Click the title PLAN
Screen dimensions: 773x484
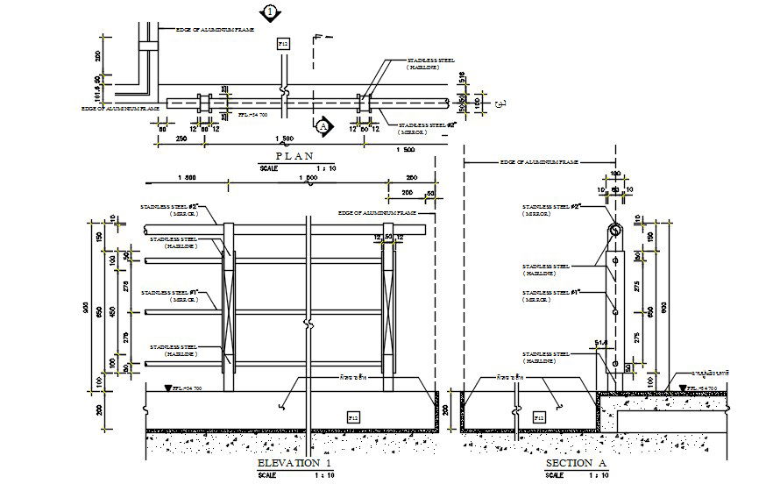coord(294,155)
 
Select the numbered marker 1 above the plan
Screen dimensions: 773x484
coord(270,12)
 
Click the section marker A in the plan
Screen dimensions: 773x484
coord(323,126)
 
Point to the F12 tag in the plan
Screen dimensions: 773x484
coord(283,43)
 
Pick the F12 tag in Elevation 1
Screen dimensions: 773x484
coord(353,416)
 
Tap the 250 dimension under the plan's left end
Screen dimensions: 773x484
coord(181,139)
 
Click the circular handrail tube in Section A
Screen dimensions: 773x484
coord(614,231)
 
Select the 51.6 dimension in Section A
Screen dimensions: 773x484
coord(600,343)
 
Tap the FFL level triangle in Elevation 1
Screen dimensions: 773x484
coord(168,388)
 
